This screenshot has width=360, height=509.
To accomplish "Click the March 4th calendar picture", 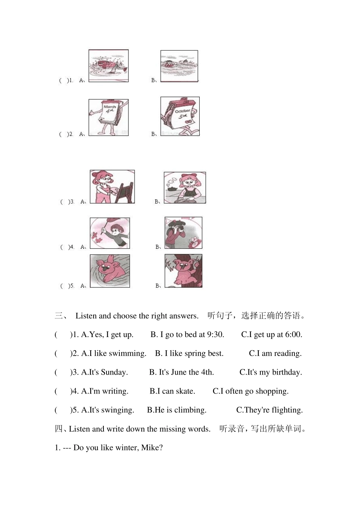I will (x=108, y=117).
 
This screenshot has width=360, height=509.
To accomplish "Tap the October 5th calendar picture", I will (x=180, y=116).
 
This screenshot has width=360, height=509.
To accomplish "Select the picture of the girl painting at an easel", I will (x=112, y=187).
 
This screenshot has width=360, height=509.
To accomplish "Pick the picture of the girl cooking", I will (x=185, y=188).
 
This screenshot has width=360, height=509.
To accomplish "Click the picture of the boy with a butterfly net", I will (x=110, y=233).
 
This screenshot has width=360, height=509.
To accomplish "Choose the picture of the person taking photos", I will (x=183, y=233).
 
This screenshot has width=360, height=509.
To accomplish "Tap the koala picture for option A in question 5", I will (x=110, y=271).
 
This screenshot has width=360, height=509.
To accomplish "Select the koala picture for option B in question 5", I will (x=183, y=271).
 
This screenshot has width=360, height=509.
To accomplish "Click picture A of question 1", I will (x=108, y=66).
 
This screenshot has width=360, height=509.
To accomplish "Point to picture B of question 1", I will (x=179, y=66).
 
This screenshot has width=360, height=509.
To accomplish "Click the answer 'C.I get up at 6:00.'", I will (x=271, y=334).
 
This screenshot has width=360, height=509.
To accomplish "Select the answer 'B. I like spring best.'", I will (x=189, y=353).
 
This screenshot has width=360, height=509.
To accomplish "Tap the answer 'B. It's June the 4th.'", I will (x=182, y=372).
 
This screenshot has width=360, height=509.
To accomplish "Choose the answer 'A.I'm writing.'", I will (x=105, y=391).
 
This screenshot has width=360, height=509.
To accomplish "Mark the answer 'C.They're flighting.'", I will (x=269, y=410).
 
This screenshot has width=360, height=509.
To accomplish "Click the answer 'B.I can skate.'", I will (x=172, y=391).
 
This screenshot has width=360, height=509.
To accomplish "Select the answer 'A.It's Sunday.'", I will (x=104, y=372).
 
